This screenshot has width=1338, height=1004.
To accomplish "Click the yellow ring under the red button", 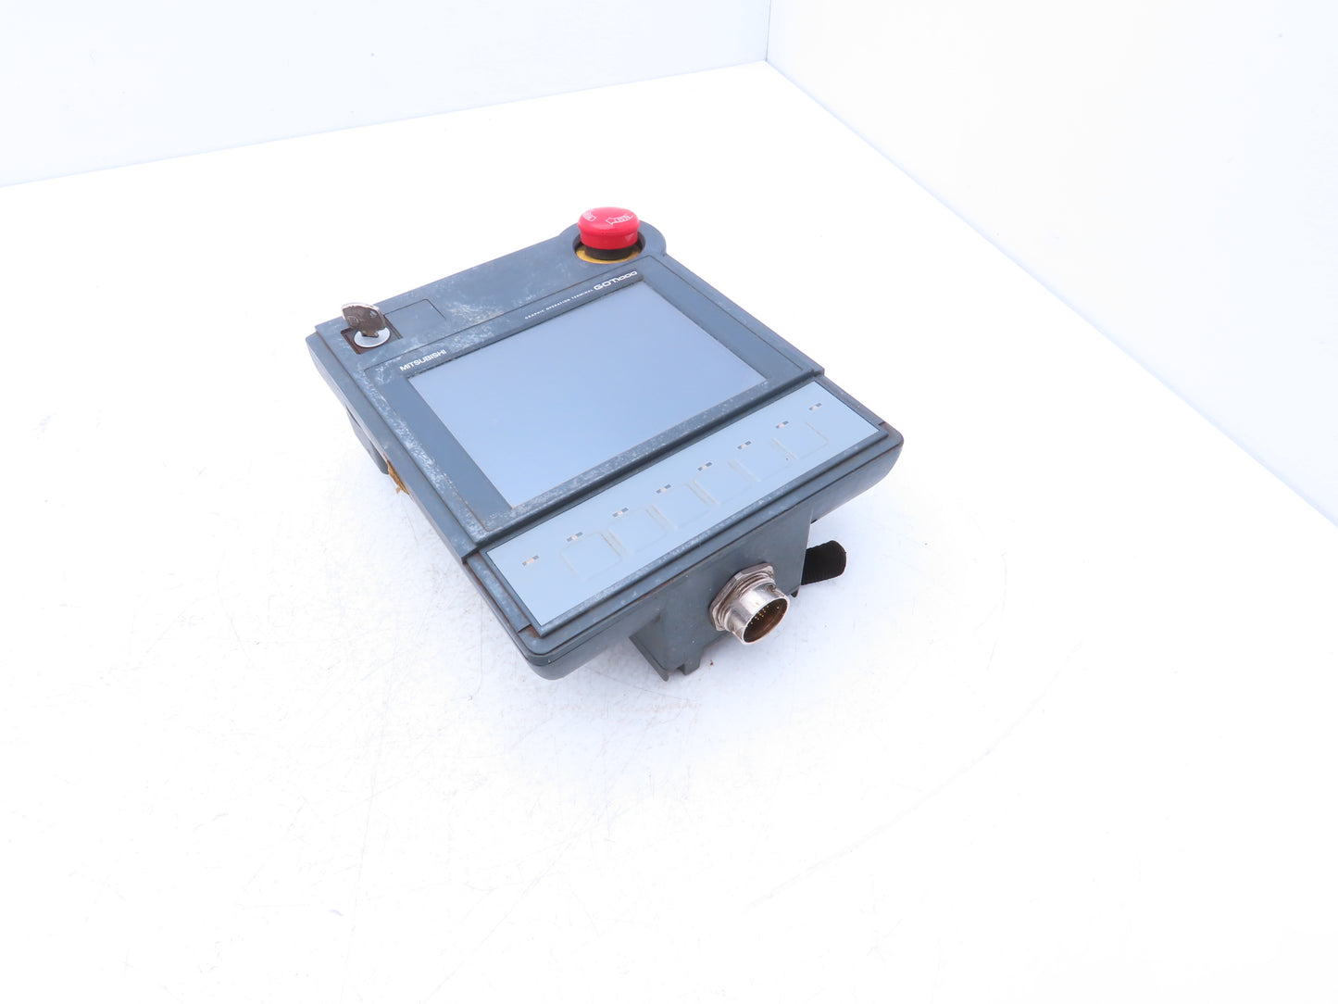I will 606,248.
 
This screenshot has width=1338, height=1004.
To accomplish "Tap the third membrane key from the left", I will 682,505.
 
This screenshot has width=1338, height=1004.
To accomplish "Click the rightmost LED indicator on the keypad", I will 816,405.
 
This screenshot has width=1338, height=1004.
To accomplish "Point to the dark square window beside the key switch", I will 412,320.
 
